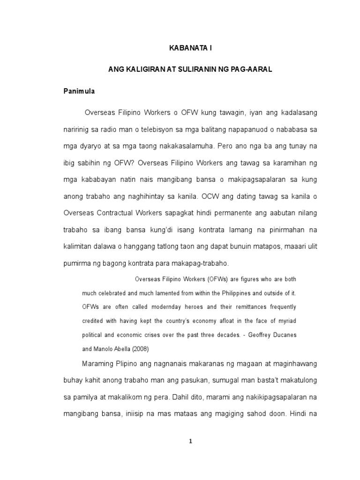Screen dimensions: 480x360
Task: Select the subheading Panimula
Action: (79, 91)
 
